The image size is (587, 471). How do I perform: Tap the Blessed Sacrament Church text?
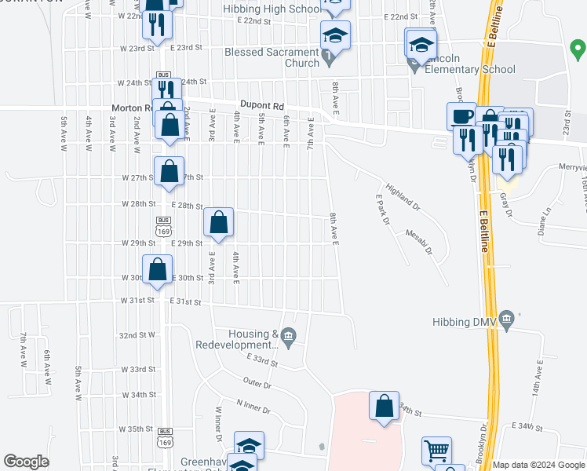click(272, 58)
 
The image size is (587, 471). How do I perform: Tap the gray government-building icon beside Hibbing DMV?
click(506, 320)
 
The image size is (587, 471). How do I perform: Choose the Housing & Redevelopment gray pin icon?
click(288, 338)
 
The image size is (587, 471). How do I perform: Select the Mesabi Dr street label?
click(418, 241)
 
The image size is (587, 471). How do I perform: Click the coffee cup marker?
click(461, 116)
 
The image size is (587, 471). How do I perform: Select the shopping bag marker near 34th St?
click(384, 407)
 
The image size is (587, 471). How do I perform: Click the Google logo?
click(27, 462)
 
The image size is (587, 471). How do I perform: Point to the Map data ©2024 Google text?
click(538, 465)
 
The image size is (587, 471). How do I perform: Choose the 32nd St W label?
click(137, 335)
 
